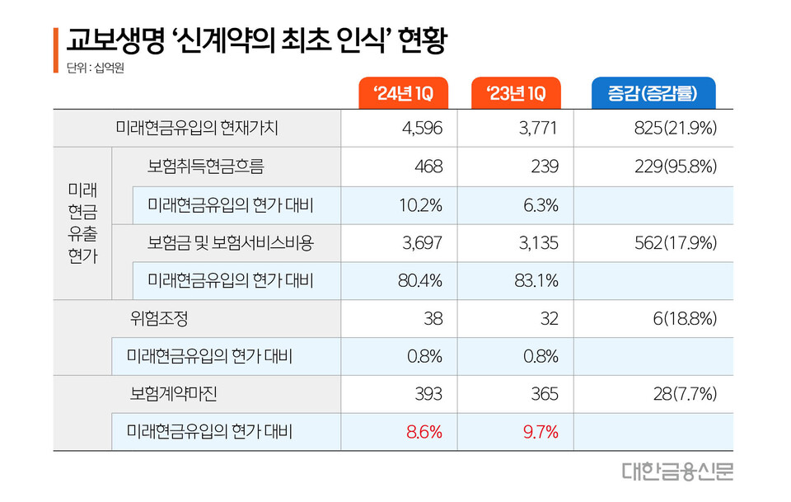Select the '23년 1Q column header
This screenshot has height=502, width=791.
click(516, 94)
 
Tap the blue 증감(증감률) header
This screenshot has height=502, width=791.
click(654, 94)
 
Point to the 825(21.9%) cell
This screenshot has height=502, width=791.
click(678, 129)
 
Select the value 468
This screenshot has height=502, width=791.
click(429, 167)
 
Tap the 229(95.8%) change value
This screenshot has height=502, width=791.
click(675, 167)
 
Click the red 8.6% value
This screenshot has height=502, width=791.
click(424, 431)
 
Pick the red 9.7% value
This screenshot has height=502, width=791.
click(540, 431)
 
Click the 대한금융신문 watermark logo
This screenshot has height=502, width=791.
click(678, 472)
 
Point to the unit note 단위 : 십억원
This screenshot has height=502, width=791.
click(89, 67)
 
